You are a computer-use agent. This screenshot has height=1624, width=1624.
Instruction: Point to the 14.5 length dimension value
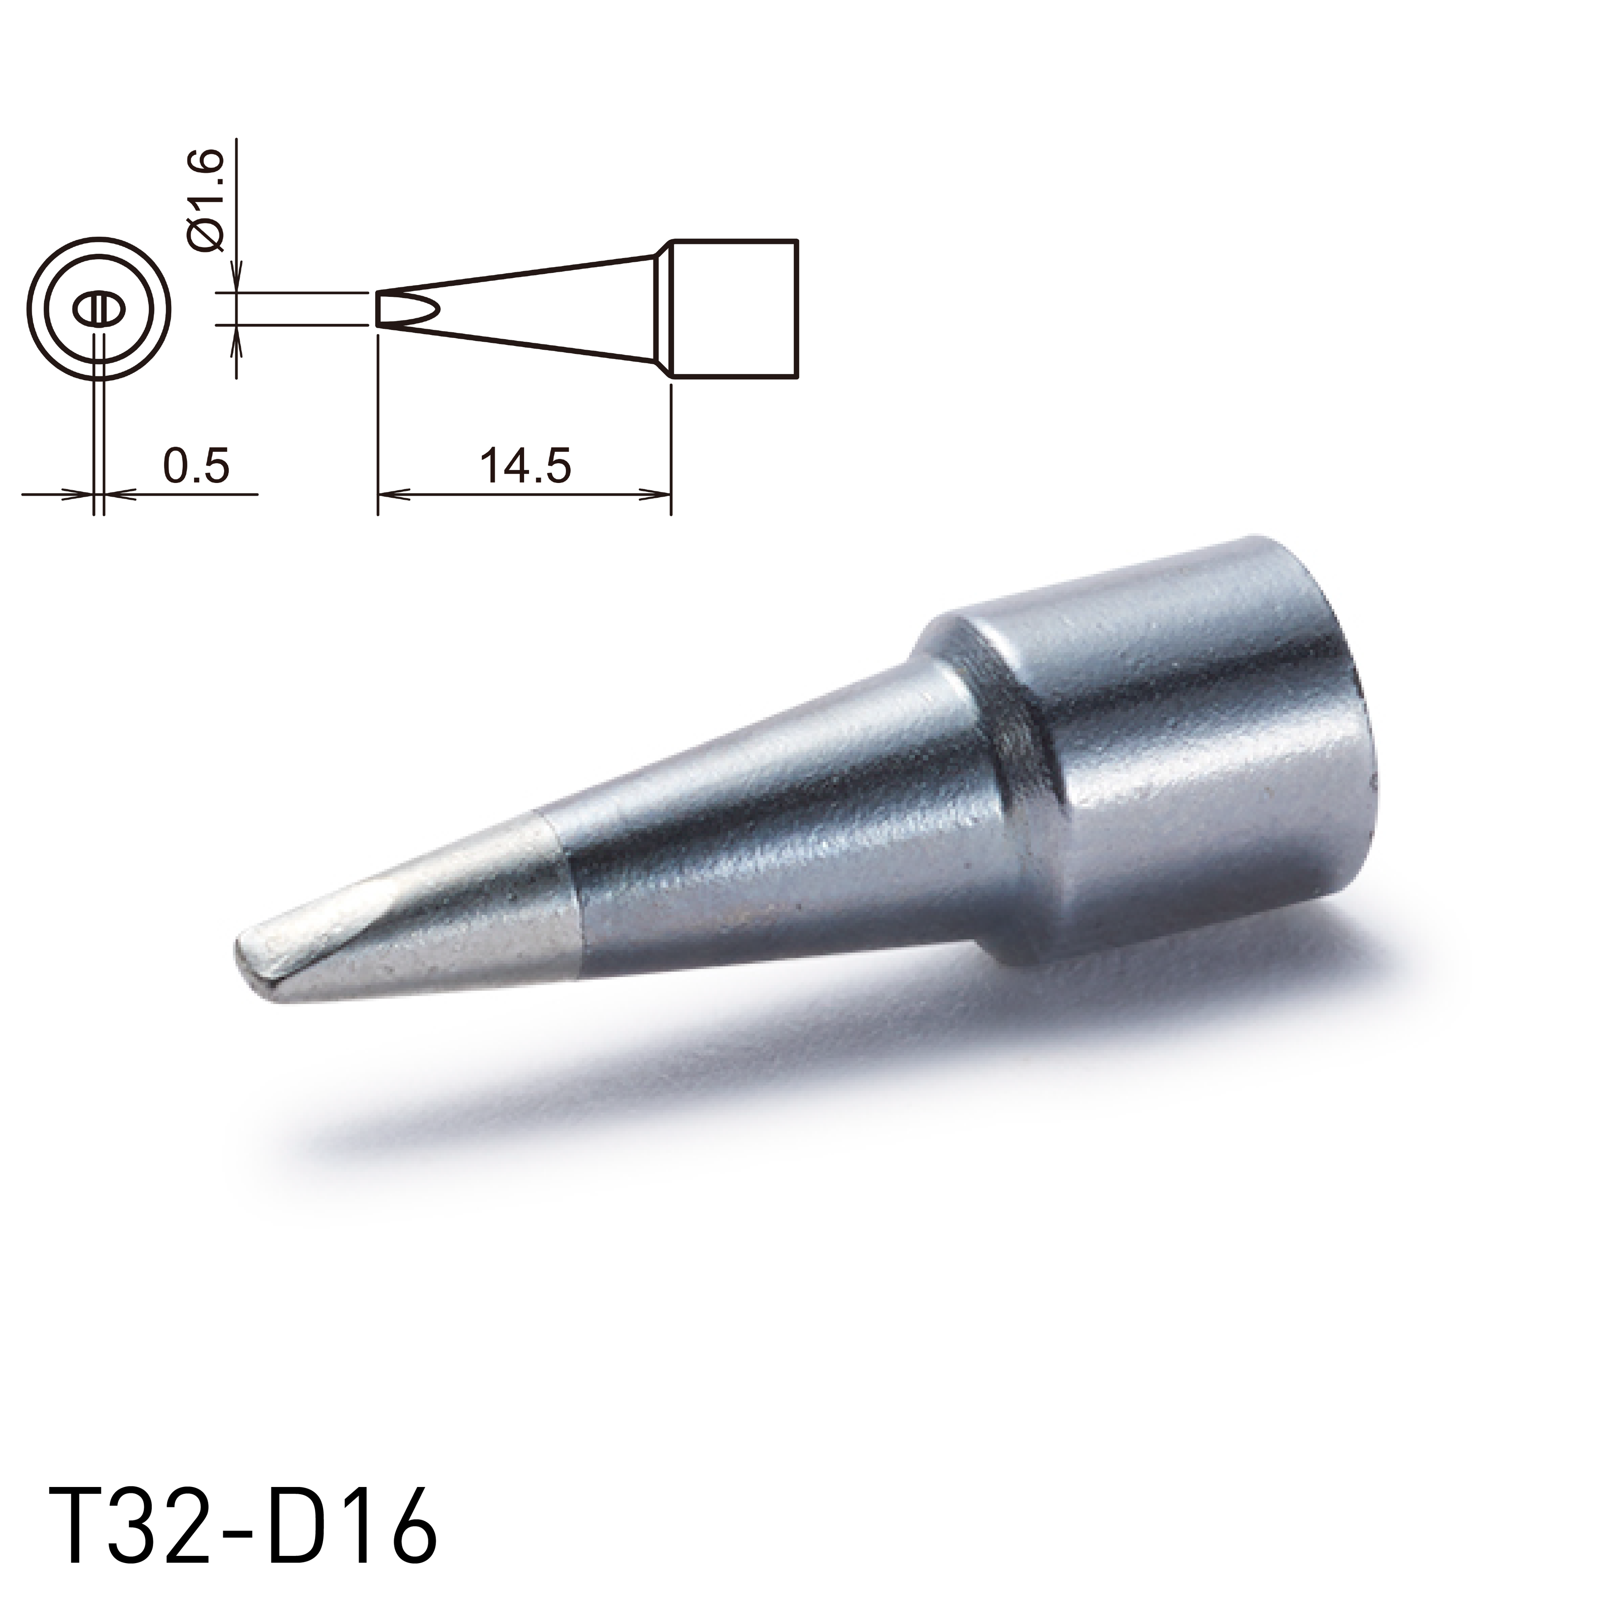pyautogui.click(x=525, y=465)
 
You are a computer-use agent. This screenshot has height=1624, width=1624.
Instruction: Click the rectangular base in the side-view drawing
pyautogui.click(x=733, y=307)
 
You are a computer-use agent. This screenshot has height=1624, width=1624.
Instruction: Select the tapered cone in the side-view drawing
pyautogui.click(x=538, y=307)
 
